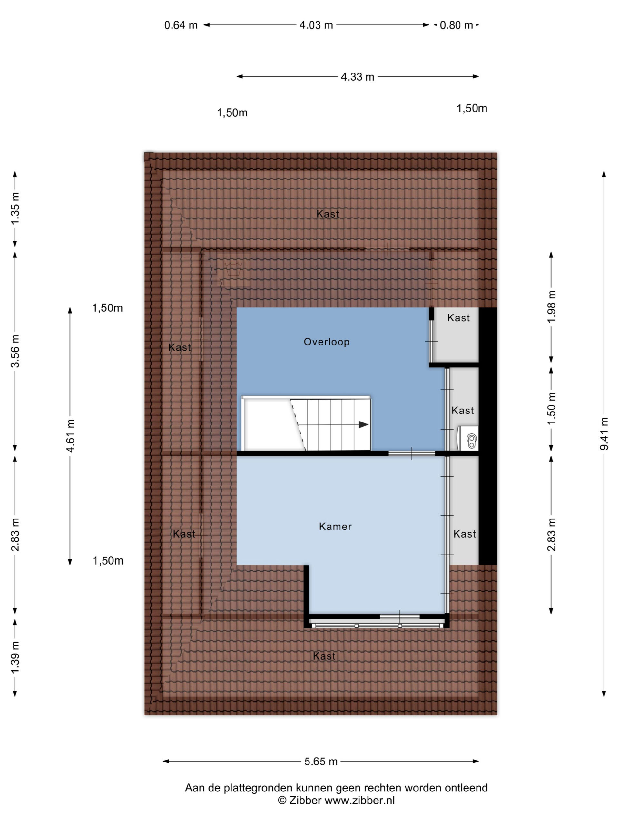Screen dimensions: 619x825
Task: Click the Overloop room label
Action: pyautogui.click(x=327, y=342)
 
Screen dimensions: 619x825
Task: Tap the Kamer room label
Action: pyautogui.click(x=335, y=527)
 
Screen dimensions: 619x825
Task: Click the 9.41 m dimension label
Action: pyautogui.click(x=604, y=433)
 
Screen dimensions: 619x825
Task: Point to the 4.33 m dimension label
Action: pyautogui.click(x=358, y=77)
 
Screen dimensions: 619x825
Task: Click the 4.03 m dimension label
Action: pyautogui.click(x=316, y=25)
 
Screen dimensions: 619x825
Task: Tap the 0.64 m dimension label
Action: pyautogui.click(x=181, y=25)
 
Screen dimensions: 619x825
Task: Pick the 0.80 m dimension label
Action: pyautogui.click(x=456, y=25)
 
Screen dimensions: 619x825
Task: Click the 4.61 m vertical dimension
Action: pyautogui.click(x=70, y=436)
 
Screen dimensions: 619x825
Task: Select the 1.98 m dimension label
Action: pyautogui.click(x=552, y=306)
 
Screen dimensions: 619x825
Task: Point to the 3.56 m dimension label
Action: pyautogui.click(x=15, y=351)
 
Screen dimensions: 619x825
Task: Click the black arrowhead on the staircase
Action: pyautogui.click(x=363, y=425)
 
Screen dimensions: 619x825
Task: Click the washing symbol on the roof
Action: pyautogui.click(x=233, y=268)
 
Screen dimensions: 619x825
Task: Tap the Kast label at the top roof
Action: pyautogui.click(x=328, y=214)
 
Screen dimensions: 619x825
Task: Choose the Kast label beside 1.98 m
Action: pyautogui.click(x=458, y=318)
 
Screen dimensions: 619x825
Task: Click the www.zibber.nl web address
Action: pyautogui.click(x=360, y=801)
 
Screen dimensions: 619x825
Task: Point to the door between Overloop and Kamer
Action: pyautogui.click(x=412, y=453)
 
